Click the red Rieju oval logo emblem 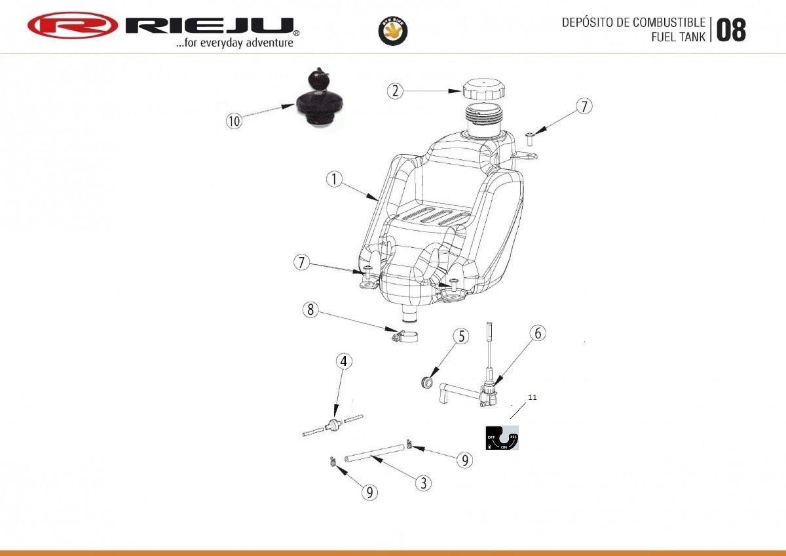click(72, 26)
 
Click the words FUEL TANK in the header click(679, 37)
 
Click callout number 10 click(234, 121)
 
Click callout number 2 click(394, 90)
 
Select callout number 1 click(334, 179)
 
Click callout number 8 click(310, 309)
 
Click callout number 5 click(461, 336)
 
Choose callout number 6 click(537, 332)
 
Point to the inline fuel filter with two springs click(333, 424)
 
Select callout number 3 click(424, 483)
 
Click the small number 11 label click(532, 397)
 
